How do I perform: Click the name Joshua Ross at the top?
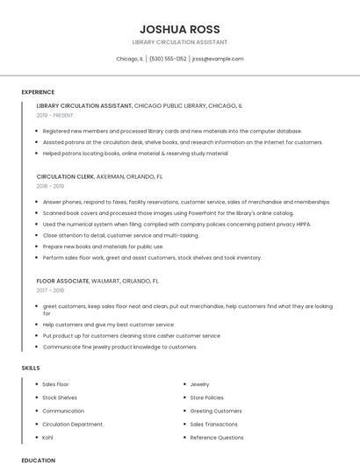pyautogui.click(x=179, y=29)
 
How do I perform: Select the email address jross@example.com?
pyautogui.click(x=217, y=59)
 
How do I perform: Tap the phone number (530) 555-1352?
pyautogui.click(x=168, y=59)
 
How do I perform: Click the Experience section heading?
pyautogui.click(x=38, y=92)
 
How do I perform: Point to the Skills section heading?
pyautogui.click(x=31, y=368)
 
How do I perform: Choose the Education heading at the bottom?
pyautogui.click(x=38, y=460)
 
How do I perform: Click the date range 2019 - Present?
pyautogui.click(x=55, y=115)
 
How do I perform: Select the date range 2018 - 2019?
pyautogui.click(x=51, y=186)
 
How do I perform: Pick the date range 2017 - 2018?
pyautogui.click(x=51, y=290)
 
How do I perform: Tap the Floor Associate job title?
pyautogui.click(x=63, y=281)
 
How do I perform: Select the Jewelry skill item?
pyautogui.click(x=199, y=384)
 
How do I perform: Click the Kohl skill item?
pyautogui.click(x=47, y=437)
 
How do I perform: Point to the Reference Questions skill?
pyautogui.click(x=217, y=437)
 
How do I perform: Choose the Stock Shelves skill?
pyautogui.click(x=60, y=397)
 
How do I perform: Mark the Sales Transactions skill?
pyautogui.click(x=213, y=424)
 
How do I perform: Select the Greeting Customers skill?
pyautogui.click(x=216, y=411)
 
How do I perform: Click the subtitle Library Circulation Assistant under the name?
pyautogui.click(x=179, y=42)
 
